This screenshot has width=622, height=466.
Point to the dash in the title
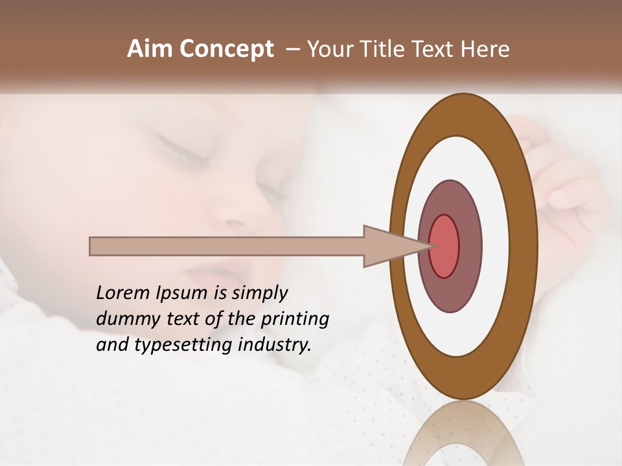click(x=292, y=50)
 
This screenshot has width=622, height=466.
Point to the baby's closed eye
click(x=181, y=149)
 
